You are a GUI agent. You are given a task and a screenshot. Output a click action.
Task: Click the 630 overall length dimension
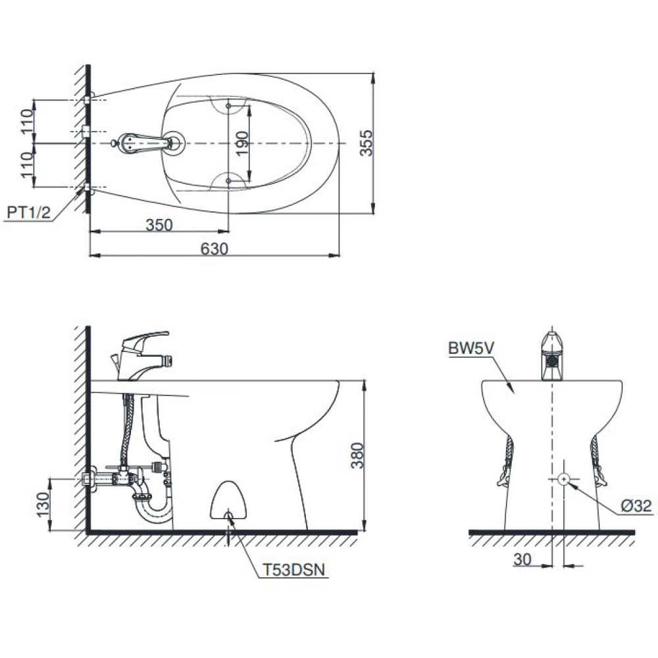point(214,249)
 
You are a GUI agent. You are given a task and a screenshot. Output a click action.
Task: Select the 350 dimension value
point(159,225)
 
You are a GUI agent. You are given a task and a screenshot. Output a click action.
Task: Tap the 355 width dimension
point(367,143)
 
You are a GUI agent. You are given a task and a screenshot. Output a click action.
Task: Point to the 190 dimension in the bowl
point(242,143)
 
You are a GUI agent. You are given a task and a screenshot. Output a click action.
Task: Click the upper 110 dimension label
point(27,122)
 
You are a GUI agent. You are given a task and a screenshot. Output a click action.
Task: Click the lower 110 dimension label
point(27,164)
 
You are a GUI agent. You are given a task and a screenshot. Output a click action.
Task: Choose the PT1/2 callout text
point(28,213)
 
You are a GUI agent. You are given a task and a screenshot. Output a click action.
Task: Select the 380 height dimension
point(357,455)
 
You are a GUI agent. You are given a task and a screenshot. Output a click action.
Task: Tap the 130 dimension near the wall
point(43,505)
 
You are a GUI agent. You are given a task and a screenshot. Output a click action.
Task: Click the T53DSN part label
point(293,570)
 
